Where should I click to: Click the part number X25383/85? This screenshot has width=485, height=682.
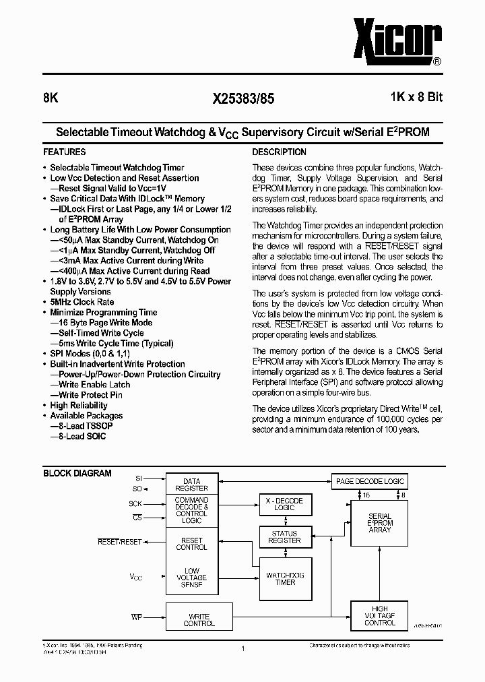[x=243, y=98]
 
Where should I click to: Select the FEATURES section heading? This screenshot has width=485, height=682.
[x=65, y=152]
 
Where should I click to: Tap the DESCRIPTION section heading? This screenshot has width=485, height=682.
[x=279, y=152]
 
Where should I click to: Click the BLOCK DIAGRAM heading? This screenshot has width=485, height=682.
[x=77, y=473]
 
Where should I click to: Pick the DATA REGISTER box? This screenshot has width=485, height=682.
[x=192, y=485]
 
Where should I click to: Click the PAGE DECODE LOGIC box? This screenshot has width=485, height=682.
[x=370, y=481]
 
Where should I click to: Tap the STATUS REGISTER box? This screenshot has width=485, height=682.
[x=284, y=536]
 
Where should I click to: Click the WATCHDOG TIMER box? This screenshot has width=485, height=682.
[x=286, y=579]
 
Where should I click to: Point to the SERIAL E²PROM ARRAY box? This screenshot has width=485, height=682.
[x=380, y=523]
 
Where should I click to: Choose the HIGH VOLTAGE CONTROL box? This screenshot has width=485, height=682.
[x=380, y=615]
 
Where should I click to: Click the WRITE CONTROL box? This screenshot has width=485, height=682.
[x=199, y=619]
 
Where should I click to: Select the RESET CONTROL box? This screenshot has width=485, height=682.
[x=192, y=544]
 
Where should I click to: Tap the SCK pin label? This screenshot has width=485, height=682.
[x=135, y=504]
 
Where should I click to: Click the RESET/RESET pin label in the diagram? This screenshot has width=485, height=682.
[x=120, y=542]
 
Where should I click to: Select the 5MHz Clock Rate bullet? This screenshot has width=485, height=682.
[x=82, y=302]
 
